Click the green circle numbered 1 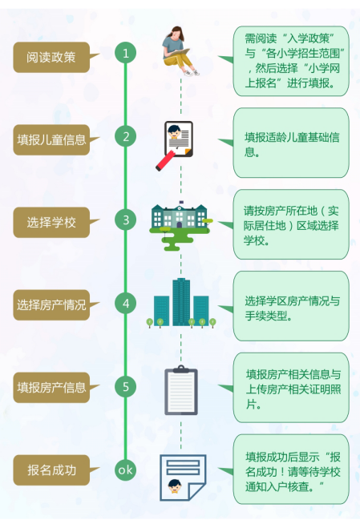point(125,53)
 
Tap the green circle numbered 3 point(125,220)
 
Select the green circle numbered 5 point(125,386)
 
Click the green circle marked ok point(125,470)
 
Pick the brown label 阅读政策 point(51,57)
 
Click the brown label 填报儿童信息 point(51,139)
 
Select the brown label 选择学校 point(51,222)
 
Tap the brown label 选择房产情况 point(51,304)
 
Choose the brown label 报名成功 point(51,470)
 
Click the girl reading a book point(180,50)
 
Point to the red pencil point(165,160)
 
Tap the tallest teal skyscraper point(181,302)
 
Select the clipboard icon point(181,390)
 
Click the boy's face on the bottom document point(175,486)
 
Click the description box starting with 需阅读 point(290,61)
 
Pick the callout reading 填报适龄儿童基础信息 point(290,143)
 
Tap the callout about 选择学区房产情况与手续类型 point(290,306)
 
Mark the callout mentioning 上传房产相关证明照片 point(290,388)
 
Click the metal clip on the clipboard point(181,369)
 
